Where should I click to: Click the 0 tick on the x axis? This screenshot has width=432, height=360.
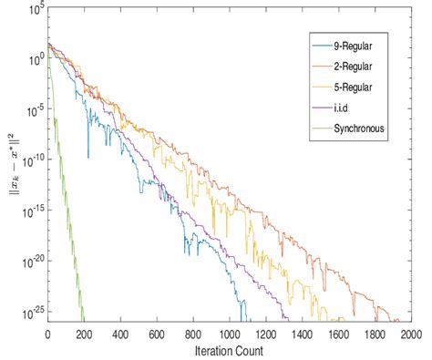tap(47, 334)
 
